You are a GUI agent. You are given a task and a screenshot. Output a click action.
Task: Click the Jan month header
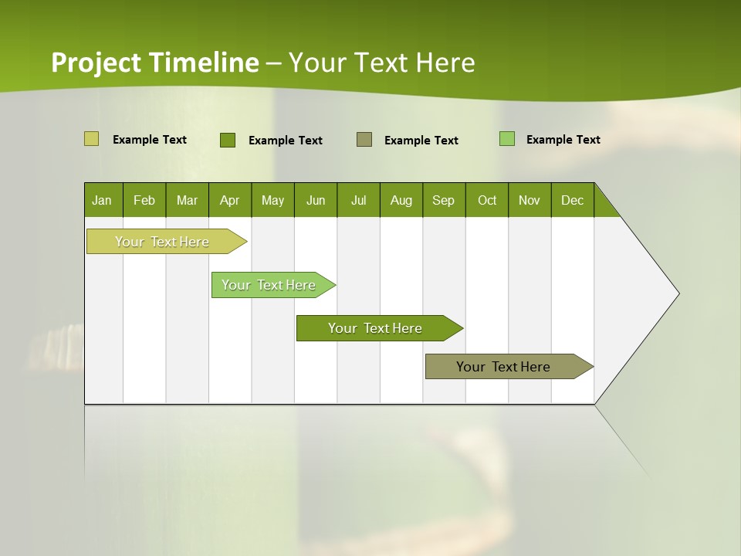[103, 200]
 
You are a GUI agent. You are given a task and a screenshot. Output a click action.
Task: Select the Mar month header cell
[187, 200]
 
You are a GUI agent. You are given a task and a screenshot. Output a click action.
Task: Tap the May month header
[272, 200]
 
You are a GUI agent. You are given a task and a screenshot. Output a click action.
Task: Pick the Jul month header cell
[358, 200]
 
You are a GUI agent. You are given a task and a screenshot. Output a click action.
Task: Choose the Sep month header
[444, 200]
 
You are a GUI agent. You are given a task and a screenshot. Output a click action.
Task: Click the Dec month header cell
[572, 200]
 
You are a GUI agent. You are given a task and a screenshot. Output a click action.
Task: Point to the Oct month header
[487, 200]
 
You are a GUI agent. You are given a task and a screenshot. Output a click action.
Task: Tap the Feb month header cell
[144, 200]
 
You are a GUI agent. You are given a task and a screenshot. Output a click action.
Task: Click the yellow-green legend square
[91, 139]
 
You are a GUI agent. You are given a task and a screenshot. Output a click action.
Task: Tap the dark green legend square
[228, 140]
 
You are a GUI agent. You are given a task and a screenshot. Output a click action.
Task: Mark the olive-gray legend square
[364, 140]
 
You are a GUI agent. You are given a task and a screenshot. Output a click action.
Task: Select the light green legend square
[507, 139]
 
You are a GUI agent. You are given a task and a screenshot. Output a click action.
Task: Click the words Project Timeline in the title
[154, 63]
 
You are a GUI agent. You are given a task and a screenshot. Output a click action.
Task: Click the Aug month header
[401, 200]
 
